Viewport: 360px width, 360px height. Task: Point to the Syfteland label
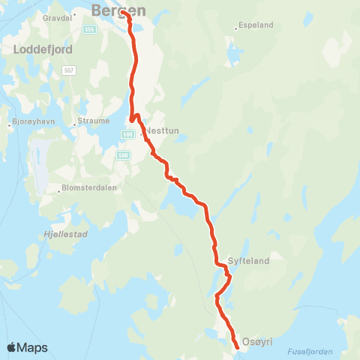click(247, 262)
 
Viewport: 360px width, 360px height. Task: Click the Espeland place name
click(256, 25)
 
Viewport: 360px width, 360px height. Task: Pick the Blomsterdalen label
click(90, 188)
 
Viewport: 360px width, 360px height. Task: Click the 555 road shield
click(89, 29)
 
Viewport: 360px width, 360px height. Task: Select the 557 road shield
click(69, 70)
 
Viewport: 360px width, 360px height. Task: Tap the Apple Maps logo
click(27, 347)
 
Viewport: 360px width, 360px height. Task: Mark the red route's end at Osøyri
click(237, 347)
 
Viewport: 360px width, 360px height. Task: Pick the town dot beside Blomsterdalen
click(59, 189)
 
